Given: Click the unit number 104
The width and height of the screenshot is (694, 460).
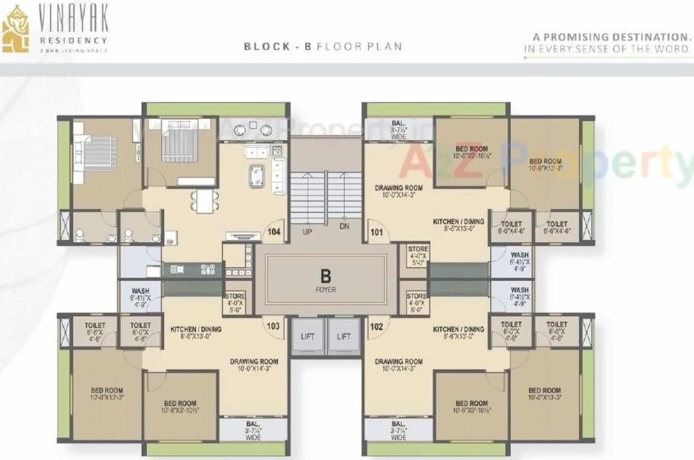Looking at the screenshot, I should click(274, 232).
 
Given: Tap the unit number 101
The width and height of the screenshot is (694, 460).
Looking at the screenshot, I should click(376, 232).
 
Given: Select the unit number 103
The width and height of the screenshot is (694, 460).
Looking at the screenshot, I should click(273, 326).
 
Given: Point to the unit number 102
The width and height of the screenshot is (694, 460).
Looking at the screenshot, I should click(376, 326).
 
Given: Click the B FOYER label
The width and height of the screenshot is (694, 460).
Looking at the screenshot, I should click(326, 280).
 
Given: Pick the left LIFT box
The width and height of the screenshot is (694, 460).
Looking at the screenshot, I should click(307, 337).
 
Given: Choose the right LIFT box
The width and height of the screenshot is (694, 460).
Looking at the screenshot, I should click(344, 337).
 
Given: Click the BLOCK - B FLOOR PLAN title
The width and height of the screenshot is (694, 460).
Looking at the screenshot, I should click(322, 47).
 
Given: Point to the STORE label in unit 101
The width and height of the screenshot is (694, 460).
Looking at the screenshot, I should click(418, 250).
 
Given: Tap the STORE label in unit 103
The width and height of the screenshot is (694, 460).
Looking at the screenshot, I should click(235, 296).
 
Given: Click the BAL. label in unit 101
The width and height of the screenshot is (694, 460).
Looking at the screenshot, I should click(398, 122).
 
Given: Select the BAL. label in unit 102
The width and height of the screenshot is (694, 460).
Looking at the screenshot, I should click(398, 424).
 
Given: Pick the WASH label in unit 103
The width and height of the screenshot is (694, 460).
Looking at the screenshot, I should click(140, 291).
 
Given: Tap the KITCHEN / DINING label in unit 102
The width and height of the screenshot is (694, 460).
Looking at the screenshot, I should click(458, 329).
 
